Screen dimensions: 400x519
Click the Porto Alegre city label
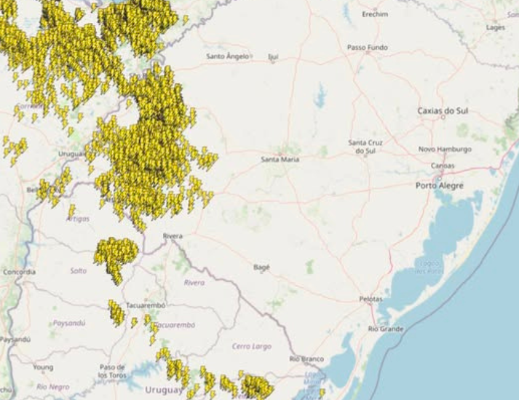pyautogui.click(x=439, y=186)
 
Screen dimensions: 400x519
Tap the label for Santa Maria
pyautogui.click(x=280, y=159)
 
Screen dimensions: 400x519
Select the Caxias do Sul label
pyautogui.click(x=443, y=111)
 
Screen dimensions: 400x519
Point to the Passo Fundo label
pyautogui.click(x=367, y=47)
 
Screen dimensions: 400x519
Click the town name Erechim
pyautogui.click(x=375, y=14)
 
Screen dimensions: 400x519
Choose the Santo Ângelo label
pyautogui.click(x=227, y=56)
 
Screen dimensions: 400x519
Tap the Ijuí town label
pyautogui.click(x=273, y=57)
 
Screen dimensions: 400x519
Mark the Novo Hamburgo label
pyautogui.click(x=444, y=149)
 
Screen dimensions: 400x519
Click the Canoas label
pyautogui.click(x=443, y=166)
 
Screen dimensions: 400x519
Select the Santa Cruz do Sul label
pyautogui.click(x=366, y=146)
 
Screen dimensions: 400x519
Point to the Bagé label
pyautogui.click(x=261, y=267)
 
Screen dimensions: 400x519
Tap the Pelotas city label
pyautogui.click(x=370, y=299)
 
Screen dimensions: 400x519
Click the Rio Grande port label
pyautogui.click(x=385, y=329)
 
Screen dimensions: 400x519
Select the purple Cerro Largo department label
pyautogui.click(x=251, y=346)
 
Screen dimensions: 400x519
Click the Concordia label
pyautogui.click(x=19, y=271)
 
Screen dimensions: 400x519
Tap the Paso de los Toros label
pyautogui.click(x=112, y=370)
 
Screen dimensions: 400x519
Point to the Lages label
pyautogui.click(x=495, y=28)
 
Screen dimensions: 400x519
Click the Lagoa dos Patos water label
pyautogui.click(x=429, y=268)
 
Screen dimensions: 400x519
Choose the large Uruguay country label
pyautogui.click(x=164, y=390)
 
